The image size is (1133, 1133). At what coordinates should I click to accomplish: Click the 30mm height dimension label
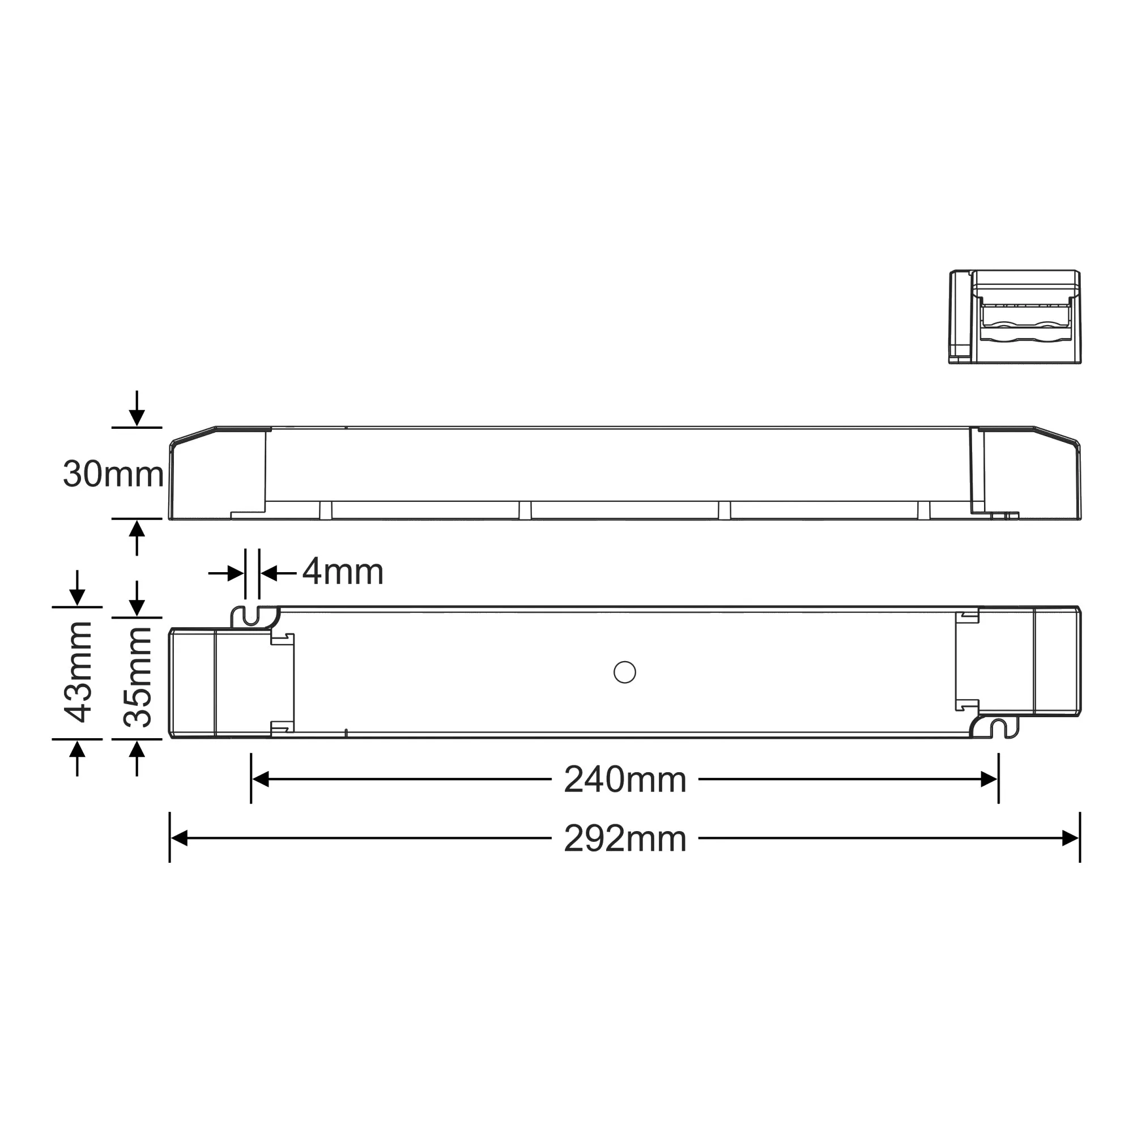click(113, 474)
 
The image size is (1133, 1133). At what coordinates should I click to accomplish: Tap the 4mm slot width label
click(343, 571)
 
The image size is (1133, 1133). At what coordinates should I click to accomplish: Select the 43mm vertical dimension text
click(79, 672)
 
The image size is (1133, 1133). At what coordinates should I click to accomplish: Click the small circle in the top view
click(624, 672)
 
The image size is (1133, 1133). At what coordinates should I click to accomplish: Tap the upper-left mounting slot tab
click(252, 616)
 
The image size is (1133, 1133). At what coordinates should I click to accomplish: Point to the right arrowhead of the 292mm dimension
click(1071, 838)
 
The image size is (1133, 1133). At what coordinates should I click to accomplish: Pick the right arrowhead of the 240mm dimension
click(989, 780)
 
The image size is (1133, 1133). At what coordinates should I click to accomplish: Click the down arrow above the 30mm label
click(137, 416)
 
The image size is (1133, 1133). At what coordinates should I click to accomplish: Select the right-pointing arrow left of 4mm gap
click(235, 573)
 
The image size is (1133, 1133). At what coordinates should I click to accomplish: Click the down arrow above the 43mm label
click(78, 596)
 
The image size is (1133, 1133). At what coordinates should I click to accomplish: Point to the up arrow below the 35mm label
click(137, 751)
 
